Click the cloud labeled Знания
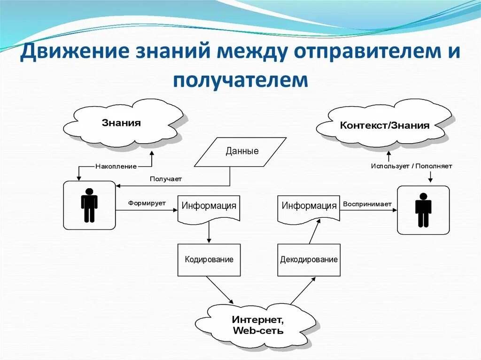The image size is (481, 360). click(122, 123)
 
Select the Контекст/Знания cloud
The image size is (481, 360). click(384, 125)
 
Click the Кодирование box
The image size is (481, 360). click(209, 260)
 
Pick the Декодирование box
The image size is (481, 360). click(309, 260)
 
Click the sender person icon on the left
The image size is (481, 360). click(89, 205)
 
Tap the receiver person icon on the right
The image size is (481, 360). click(423, 210)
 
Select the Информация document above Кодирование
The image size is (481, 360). click(209, 207)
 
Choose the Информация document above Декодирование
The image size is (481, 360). click(309, 207)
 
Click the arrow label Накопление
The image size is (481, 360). click(116, 166)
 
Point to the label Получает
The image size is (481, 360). click(165, 179)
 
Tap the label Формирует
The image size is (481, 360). click(147, 203)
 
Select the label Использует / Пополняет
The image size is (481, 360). click(411, 166)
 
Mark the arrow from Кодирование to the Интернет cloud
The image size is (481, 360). click(219, 290)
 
